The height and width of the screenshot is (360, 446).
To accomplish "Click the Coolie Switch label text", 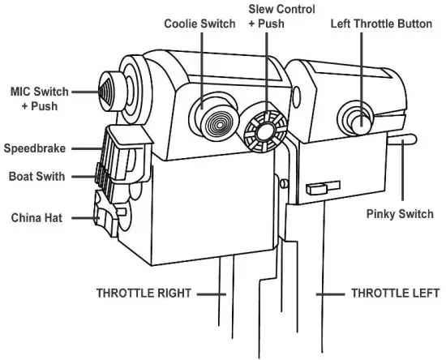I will click(199, 24).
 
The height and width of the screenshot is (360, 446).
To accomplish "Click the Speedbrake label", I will click(34, 148).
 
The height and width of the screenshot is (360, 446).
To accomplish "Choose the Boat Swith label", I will click(37, 175).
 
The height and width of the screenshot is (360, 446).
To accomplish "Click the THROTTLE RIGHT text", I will click(142, 293).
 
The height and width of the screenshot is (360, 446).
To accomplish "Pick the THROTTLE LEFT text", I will click(394, 293).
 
